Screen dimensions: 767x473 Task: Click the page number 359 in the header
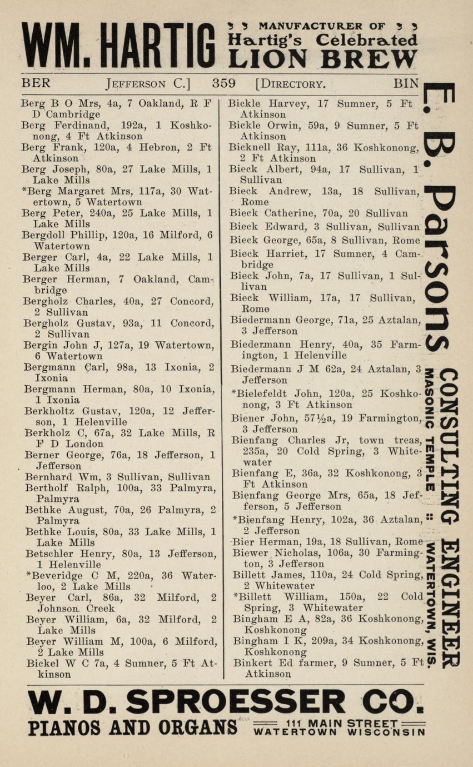(223, 84)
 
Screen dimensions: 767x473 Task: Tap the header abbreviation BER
(36, 84)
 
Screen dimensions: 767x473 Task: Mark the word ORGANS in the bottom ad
(194, 728)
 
